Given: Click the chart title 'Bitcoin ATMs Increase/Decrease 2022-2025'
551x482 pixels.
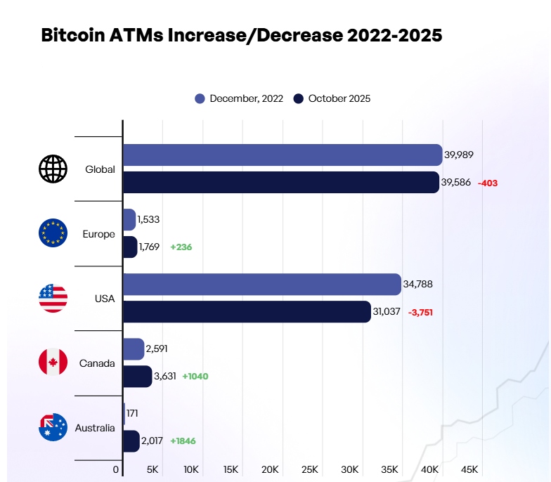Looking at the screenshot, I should (242, 36).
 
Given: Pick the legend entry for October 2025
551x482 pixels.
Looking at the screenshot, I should (332, 98).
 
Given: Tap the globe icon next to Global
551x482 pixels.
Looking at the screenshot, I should (53, 169).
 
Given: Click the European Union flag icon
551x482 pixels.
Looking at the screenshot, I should (53, 233).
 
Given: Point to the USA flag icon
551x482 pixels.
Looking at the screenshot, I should (53, 299).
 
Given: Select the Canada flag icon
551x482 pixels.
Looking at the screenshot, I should (53, 363).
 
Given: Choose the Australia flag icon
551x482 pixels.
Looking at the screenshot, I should (53, 427).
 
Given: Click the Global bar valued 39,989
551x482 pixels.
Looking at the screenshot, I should (282, 155).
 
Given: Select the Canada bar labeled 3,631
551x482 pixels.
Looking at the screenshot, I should (137, 376).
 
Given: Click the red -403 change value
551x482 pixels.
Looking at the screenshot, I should (487, 183).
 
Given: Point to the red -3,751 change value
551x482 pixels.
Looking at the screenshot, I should (420, 312).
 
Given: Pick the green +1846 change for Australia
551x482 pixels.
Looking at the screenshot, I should (183, 441).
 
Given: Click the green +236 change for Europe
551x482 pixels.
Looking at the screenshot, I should (181, 247).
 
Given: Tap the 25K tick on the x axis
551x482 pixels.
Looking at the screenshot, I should (310, 469).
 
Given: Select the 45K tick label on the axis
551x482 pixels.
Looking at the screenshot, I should (469, 469).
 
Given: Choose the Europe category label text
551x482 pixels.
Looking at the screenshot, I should (98, 234).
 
